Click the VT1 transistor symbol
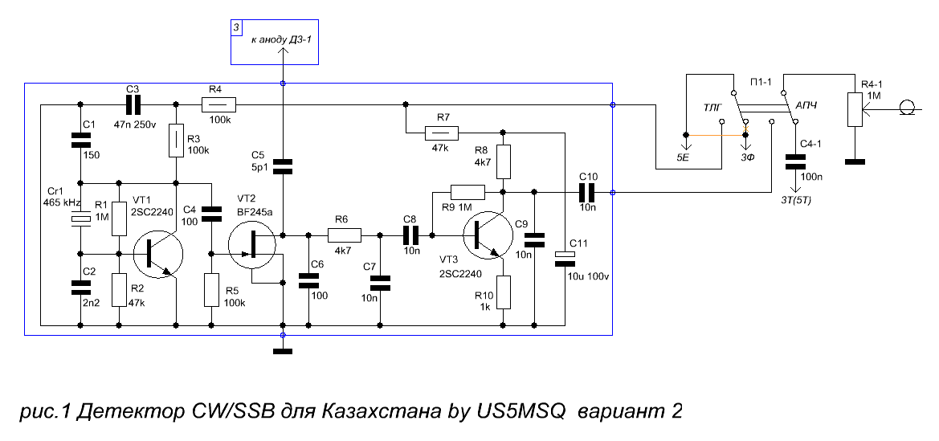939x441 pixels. coord(157,254)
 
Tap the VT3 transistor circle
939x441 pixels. coord(488,235)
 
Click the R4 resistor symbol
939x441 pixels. coord(218,106)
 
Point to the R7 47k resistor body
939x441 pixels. coord(441,133)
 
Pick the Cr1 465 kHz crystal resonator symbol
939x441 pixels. coord(80,220)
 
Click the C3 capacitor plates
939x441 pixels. coord(133,105)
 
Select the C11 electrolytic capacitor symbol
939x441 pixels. coord(564,258)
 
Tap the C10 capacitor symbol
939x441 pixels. coord(586,192)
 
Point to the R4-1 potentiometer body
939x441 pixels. coord(854,108)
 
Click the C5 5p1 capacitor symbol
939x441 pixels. coord(283,166)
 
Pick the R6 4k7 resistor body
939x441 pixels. coord(345,235)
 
